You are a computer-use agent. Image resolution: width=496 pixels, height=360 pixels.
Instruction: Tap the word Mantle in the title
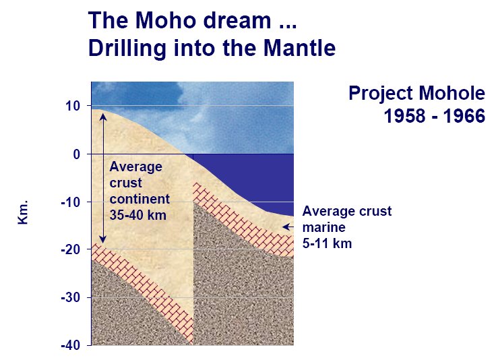click(x=300, y=48)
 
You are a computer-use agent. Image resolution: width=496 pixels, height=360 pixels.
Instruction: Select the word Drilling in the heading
click(x=127, y=49)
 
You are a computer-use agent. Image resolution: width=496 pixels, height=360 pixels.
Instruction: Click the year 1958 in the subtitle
click(x=404, y=116)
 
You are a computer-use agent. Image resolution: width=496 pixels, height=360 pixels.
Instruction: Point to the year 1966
click(x=464, y=116)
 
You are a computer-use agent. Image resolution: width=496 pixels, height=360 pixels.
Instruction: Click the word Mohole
click(x=452, y=93)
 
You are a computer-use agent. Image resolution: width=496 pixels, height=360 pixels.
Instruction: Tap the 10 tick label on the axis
click(x=73, y=106)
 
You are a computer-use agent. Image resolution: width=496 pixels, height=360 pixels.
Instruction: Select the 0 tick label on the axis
click(x=77, y=154)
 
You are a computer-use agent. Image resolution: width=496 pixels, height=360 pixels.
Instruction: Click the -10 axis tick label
click(x=71, y=202)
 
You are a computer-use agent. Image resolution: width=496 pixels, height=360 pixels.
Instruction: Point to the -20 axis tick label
click(x=71, y=250)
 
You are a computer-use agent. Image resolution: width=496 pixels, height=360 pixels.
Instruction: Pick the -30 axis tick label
click(x=71, y=298)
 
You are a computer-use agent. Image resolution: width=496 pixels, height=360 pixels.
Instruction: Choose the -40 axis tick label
click(x=71, y=345)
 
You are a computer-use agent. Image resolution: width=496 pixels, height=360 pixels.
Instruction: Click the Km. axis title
click(x=23, y=212)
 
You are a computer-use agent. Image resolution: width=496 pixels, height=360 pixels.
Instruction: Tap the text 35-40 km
click(x=138, y=215)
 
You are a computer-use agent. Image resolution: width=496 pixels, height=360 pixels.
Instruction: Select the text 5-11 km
click(x=327, y=243)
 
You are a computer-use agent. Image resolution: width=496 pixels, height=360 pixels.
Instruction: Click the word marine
click(x=324, y=227)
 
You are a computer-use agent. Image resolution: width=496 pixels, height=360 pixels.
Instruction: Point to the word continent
click(x=139, y=199)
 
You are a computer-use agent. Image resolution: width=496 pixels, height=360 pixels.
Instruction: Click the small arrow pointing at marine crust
click(x=288, y=227)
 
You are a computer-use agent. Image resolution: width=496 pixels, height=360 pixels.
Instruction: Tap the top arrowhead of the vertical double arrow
click(x=103, y=117)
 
